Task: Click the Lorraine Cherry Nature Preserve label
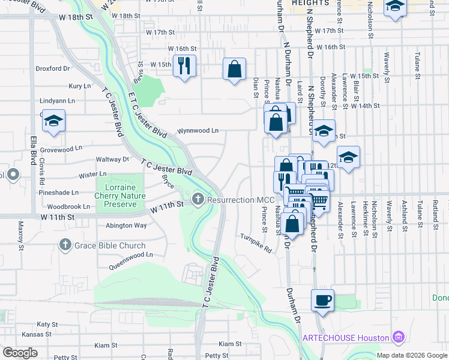point(120,195)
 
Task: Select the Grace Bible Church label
point(109,245)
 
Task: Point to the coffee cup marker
point(322,300)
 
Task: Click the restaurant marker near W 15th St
point(184,65)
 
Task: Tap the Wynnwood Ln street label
point(197,130)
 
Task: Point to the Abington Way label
point(126,226)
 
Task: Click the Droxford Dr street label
point(53,69)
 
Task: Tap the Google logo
point(20,352)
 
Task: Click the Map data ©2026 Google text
point(411,355)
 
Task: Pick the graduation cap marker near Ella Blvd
point(53,122)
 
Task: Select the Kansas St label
point(34,334)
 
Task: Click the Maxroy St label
point(20,235)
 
